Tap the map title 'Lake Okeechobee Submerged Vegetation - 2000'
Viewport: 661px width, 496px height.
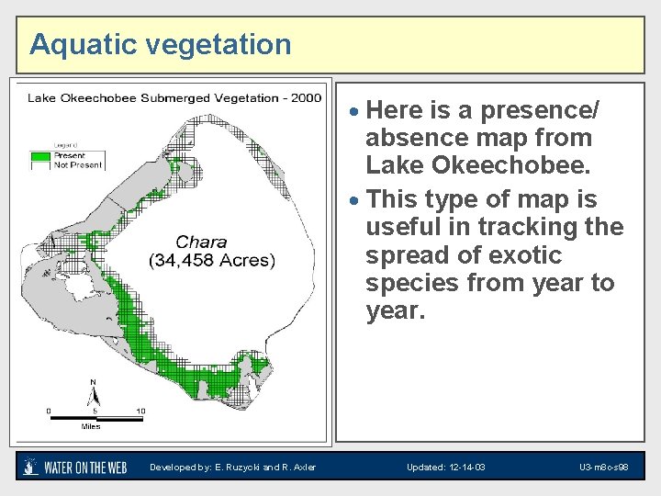(x=174, y=98)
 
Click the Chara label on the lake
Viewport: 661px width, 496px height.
(x=201, y=242)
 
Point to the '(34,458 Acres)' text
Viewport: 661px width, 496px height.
(x=211, y=261)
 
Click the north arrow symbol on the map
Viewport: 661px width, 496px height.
(x=93, y=395)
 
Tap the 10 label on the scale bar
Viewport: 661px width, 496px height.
(x=140, y=411)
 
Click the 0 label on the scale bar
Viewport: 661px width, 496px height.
(x=50, y=411)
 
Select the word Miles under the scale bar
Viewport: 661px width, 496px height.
(x=91, y=426)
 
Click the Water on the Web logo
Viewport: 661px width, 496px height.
(x=73, y=467)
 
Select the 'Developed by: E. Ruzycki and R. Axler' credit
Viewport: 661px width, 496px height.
(x=233, y=468)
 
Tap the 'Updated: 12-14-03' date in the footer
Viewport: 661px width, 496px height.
(x=445, y=468)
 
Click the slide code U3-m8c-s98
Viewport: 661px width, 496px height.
(x=603, y=468)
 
